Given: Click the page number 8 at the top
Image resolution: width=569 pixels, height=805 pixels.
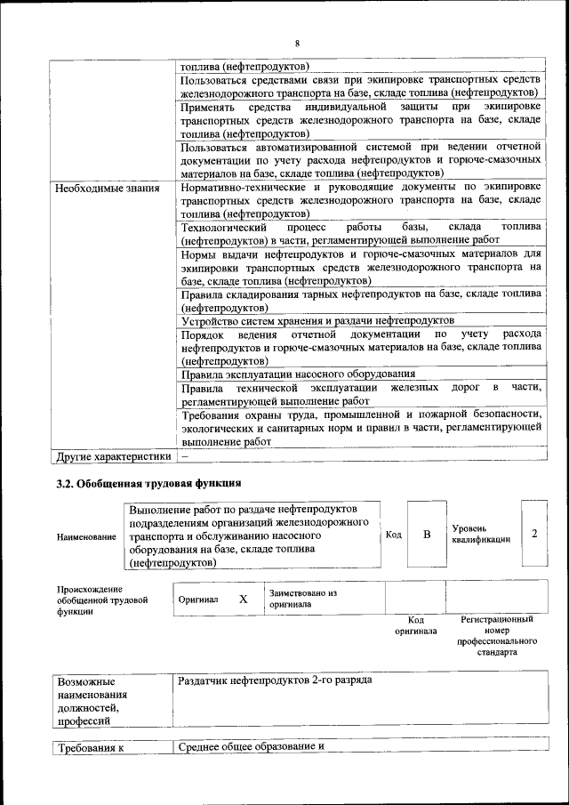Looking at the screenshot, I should tap(297, 44).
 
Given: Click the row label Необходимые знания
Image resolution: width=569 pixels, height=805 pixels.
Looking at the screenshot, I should tap(107, 189).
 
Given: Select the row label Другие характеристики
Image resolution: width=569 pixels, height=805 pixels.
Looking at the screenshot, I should tap(112, 457).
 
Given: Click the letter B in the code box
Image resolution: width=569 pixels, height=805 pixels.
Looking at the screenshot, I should tap(427, 535).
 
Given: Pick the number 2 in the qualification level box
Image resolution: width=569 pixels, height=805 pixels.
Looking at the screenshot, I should tap(534, 534).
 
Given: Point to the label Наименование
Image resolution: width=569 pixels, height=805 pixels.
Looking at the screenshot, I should tap(85, 537).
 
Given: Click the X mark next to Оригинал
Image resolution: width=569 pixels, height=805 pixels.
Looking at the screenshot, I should tap(243, 599).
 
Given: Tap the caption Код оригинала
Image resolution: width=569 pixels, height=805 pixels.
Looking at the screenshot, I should tap(415, 625).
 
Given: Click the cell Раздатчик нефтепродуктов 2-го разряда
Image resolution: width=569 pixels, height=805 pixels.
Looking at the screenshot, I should tap(275, 680).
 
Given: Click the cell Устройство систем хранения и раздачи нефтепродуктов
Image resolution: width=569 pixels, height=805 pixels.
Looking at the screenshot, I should tap(317, 320).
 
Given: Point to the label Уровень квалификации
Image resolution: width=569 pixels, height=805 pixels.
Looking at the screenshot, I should tap(481, 534).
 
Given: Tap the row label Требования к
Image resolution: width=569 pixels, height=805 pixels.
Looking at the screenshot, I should tap(89, 748).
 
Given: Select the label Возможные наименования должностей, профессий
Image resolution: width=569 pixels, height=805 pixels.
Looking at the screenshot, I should tap(91, 702).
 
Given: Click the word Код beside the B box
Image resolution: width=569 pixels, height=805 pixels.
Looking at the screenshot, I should tap(394, 535).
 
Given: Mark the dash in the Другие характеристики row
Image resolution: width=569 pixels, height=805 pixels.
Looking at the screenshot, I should tap(185, 457).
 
